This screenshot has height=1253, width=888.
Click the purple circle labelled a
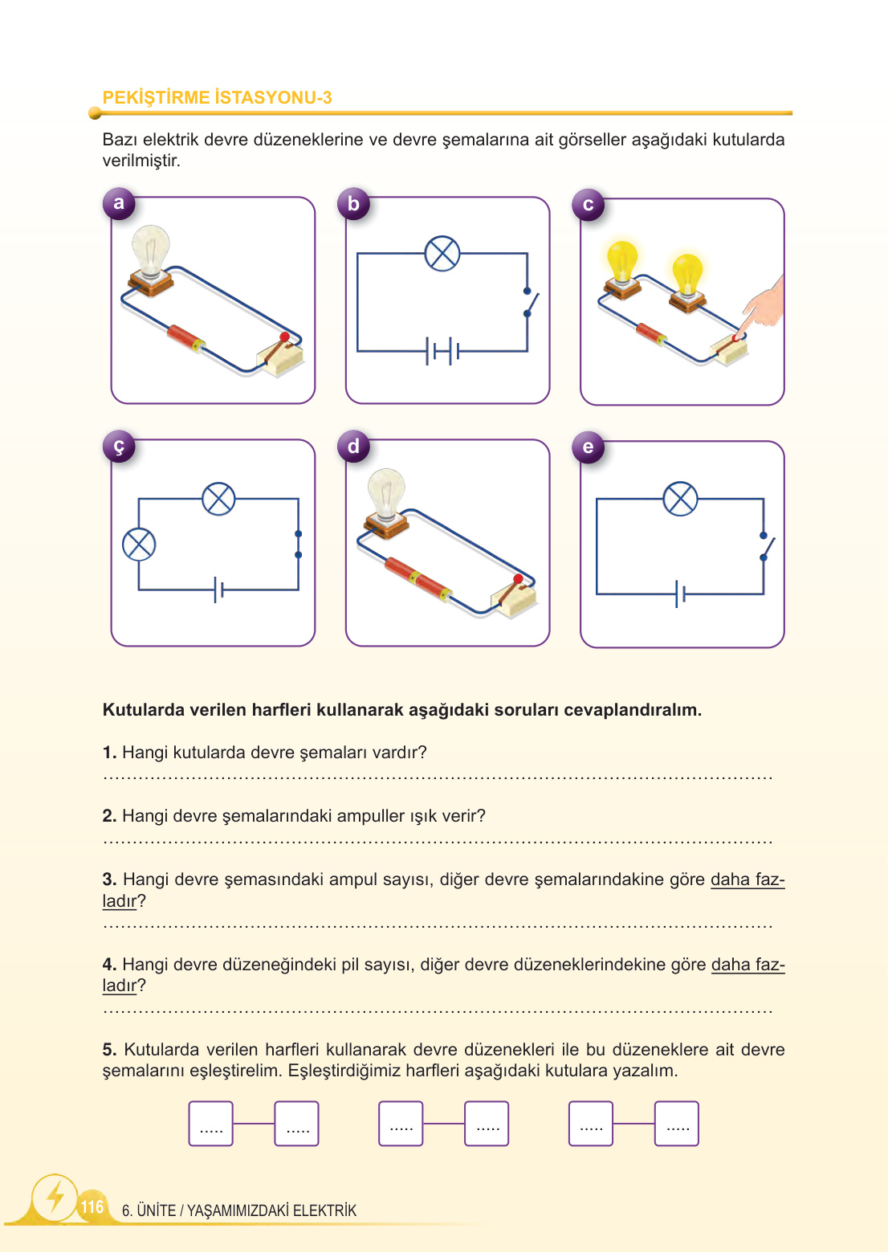[119, 203]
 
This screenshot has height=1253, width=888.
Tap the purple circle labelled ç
[119, 446]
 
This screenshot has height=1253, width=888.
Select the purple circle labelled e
[588, 447]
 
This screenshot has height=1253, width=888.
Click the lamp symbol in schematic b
[442, 254]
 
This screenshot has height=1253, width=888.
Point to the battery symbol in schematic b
[442, 351]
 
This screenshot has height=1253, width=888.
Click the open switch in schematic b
[528, 302]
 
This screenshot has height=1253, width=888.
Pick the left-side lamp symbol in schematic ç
[139, 545]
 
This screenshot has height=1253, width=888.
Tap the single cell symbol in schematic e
[680, 594]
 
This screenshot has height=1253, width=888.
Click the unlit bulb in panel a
[151, 251]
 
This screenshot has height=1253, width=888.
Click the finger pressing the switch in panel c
[760, 309]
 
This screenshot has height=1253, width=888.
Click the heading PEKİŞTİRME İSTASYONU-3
[217, 98]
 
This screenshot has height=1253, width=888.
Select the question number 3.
[110, 880]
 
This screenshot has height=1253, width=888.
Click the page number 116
[92, 1206]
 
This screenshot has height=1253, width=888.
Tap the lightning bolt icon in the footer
[55, 1198]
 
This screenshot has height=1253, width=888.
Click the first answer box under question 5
[211, 1123]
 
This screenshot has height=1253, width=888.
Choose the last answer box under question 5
[677, 1123]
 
